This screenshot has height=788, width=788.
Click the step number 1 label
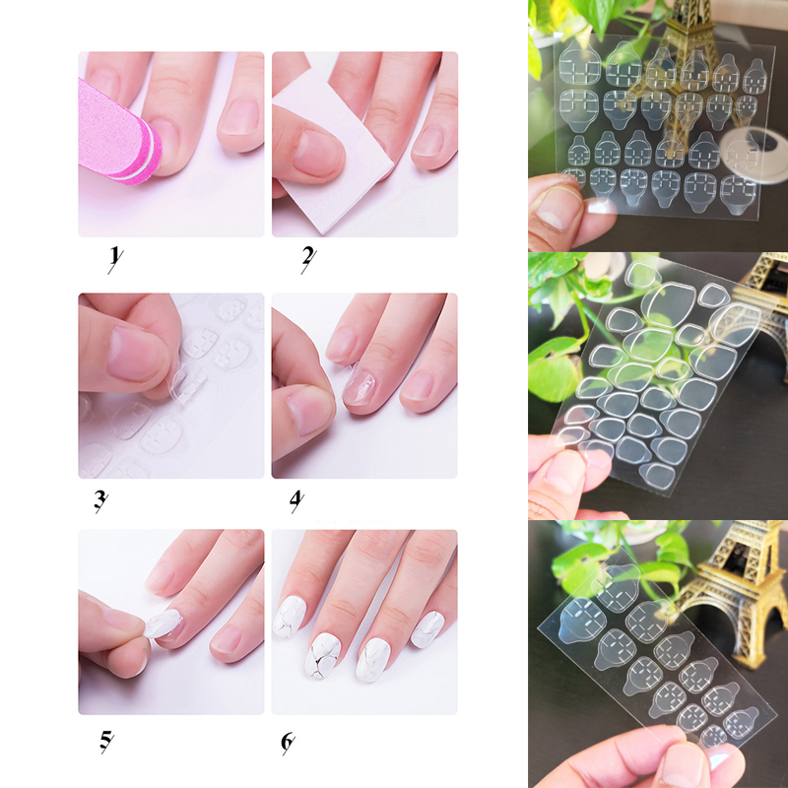(115, 258)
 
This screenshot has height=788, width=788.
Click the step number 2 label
(308, 258)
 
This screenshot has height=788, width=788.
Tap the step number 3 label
(100, 500)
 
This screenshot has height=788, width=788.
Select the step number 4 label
(297, 500)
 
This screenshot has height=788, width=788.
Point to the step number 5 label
(106, 742)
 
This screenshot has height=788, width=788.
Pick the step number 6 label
(288, 743)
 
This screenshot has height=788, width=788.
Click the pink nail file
(118, 132)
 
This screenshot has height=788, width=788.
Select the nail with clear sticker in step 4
(359, 387)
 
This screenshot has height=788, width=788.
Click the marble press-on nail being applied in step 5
(164, 624)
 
